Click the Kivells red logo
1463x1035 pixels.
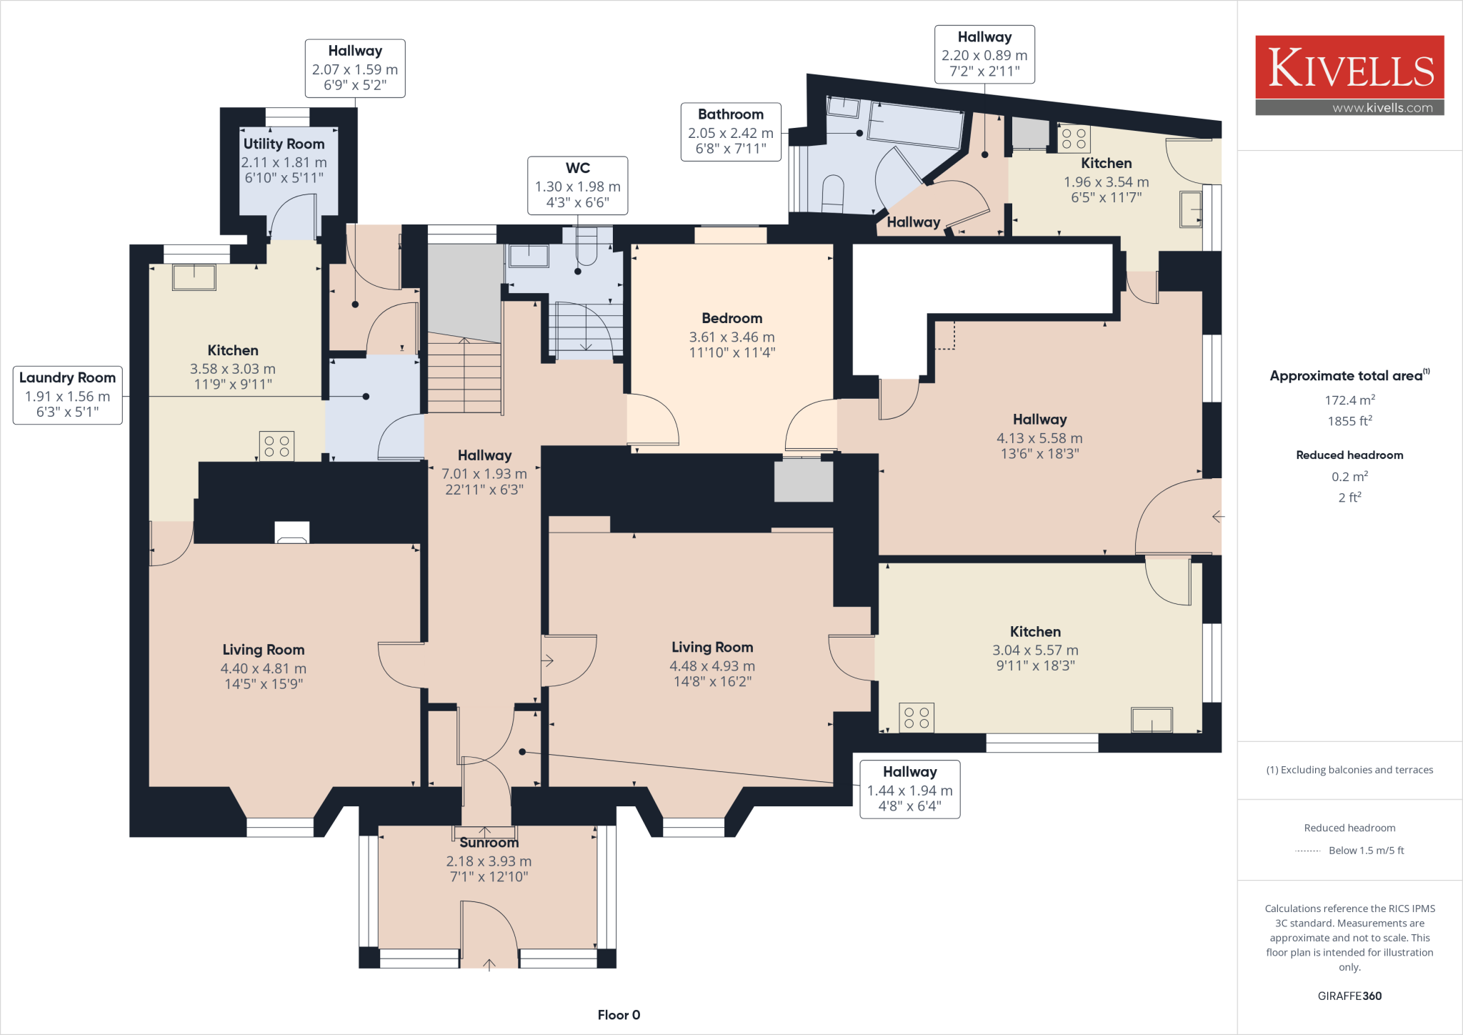click(x=1349, y=67)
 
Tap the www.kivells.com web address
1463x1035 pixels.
click(x=1382, y=108)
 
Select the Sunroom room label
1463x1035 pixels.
click(x=489, y=843)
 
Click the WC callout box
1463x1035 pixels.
click(x=577, y=186)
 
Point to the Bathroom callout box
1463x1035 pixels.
click(x=730, y=132)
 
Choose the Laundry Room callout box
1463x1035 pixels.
click(x=67, y=395)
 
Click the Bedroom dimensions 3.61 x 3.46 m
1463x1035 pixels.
click(x=731, y=337)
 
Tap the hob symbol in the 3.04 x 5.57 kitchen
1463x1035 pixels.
click(x=917, y=718)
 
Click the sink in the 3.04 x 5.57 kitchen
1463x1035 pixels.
click(x=1152, y=719)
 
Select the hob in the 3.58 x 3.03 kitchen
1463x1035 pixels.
click(x=277, y=447)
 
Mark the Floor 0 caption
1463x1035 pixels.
click(x=619, y=1015)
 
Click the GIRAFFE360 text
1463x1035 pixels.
click(x=1349, y=996)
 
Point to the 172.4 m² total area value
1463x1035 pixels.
click(x=1349, y=400)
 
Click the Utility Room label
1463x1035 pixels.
click(x=284, y=144)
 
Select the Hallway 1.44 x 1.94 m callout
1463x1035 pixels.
click(x=909, y=789)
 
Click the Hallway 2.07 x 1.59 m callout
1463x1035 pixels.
click(x=355, y=69)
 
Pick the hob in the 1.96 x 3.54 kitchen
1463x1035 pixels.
click(x=1074, y=139)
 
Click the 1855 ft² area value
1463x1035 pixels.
click(x=1349, y=421)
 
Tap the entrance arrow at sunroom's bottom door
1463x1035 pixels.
click(x=489, y=965)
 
